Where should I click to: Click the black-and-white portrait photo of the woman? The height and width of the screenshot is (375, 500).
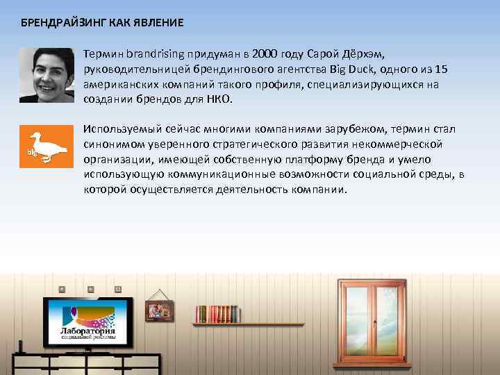[x=47, y=75]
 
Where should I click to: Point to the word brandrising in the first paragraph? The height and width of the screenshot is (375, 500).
[x=153, y=53]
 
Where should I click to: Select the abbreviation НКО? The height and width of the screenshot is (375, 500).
[x=219, y=99]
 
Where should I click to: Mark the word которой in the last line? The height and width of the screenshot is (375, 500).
[x=103, y=190]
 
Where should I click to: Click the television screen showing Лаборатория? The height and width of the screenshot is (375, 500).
[x=89, y=323]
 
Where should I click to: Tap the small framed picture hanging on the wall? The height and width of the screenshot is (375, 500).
[x=159, y=310]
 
